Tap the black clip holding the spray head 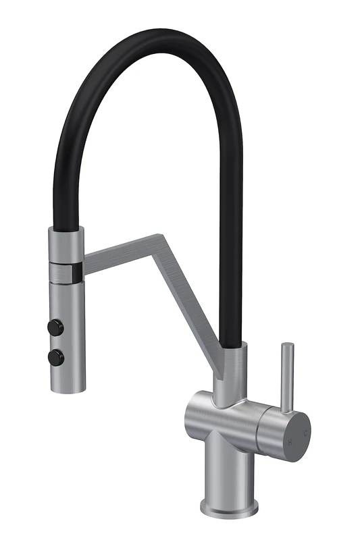[x=78, y=271]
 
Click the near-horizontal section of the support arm [x=122, y=250]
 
